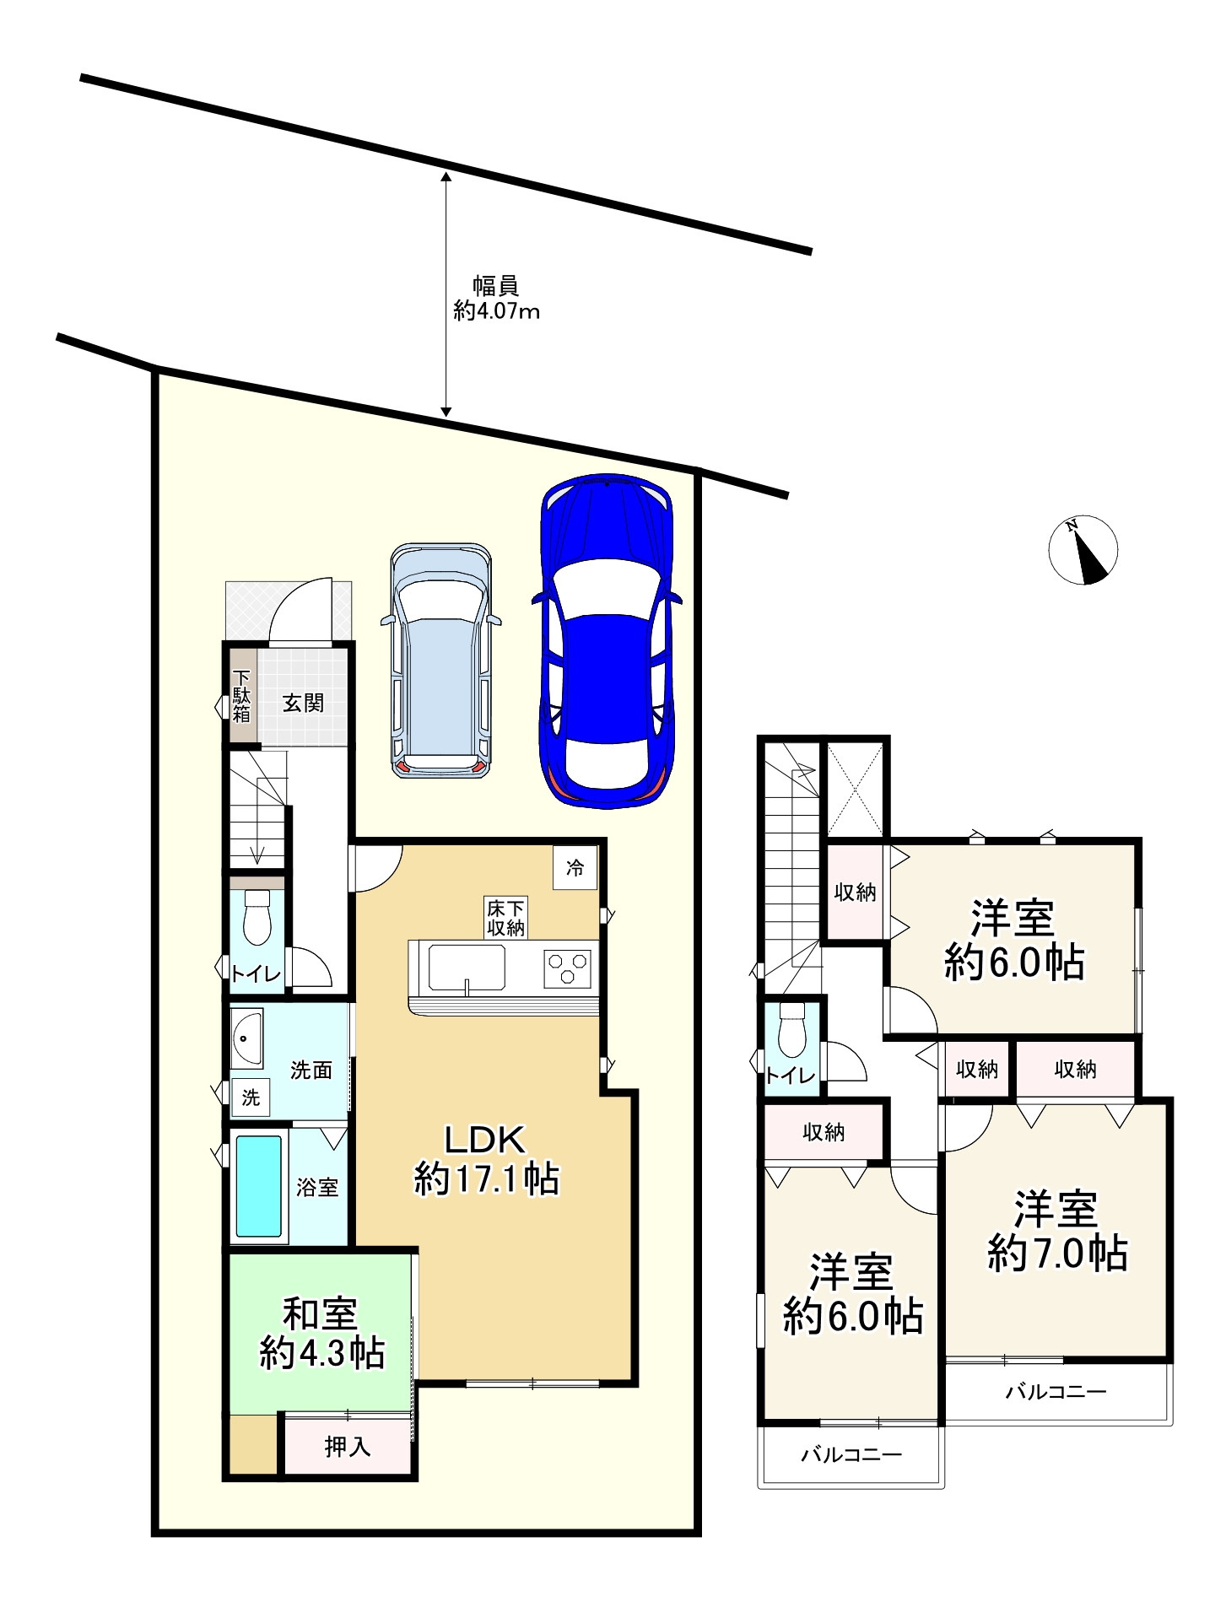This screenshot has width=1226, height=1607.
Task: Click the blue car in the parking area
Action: pos(606,640)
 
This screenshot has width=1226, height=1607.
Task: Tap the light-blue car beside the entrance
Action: pos(441,661)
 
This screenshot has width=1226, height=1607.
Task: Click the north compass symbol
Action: pos(1083,549)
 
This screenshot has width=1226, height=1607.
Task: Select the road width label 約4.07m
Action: pos(496,311)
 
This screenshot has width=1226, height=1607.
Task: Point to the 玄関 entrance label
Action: pos(303,702)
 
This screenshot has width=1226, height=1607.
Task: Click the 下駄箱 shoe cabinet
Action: pos(242,695)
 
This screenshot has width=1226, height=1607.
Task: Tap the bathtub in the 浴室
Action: pos(258,1185)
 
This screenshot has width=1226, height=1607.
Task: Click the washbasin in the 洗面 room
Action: pos(247,1037)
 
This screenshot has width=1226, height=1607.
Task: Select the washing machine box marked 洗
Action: pos(251,1097)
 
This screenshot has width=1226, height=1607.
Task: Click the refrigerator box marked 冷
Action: pos(575,867)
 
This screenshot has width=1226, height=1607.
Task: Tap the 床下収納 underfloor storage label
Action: pos(505,917)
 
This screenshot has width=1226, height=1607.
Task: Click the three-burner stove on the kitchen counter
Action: pos(567,968)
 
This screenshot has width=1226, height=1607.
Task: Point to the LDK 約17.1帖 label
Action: pos(486,1159)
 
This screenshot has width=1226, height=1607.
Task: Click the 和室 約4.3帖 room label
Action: pos(321,1333)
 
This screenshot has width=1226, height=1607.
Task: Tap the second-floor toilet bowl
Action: pos(792,1029)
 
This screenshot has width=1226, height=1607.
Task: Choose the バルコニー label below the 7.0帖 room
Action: pos(1056,1391)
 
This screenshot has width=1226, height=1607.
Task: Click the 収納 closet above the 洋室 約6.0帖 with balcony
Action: pos(824,1132)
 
